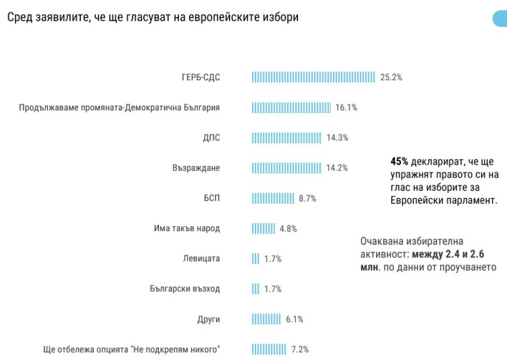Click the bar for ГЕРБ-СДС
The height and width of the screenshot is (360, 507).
(x=313, y=77)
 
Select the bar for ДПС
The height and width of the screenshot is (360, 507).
(x=286, y=137)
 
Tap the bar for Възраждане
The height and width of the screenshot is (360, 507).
(x=286, y=167)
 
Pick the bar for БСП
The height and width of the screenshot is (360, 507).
(x=273, y=198)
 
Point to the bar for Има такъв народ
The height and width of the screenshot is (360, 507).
(x=263, y=228)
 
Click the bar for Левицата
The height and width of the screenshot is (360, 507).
(x=256, y=259)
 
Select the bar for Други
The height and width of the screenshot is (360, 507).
(x=267, y=319)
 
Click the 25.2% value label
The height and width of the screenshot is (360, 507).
(x=391, y=77)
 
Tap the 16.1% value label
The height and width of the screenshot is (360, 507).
(x=347, y=107)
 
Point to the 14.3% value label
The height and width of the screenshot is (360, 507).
(x=337, y=137)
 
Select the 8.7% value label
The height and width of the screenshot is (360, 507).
(x=308, y=198)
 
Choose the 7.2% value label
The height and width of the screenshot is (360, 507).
(x=301, y=349)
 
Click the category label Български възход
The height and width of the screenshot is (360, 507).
(x=185, y=289)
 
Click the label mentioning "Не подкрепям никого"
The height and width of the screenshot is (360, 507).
(x=132, y=349)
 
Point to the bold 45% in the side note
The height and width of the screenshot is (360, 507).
(x=399, y=161)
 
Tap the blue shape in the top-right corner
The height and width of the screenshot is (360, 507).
(x=500, y=18)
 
